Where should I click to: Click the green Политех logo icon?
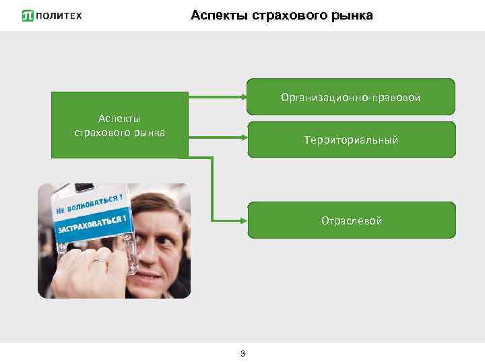click(28, 16)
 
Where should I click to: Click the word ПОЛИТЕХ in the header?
click(61, 16)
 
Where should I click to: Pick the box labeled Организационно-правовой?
click(351, 98)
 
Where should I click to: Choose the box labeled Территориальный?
click(351, 140)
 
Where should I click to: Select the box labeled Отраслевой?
click(351, 220)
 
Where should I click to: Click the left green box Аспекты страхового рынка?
click(119, 125)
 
